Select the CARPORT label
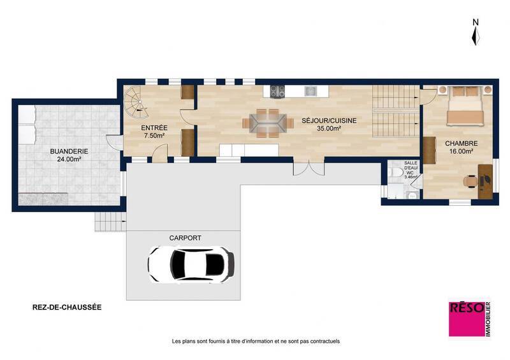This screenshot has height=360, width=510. coord(185,238)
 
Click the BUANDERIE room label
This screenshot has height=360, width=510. coord(69,152)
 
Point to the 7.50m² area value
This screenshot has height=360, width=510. coord(154,136)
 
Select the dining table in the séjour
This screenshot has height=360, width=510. coord(263,123)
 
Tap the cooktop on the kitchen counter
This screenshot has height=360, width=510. coord(277,92)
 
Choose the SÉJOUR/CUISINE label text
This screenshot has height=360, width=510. coord(328,120)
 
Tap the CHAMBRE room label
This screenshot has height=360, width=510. coord(461,144)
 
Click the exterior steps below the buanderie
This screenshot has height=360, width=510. coord(106,221)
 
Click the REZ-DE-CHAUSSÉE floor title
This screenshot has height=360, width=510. coord(66,307)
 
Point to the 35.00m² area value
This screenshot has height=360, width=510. coord(328,128)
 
